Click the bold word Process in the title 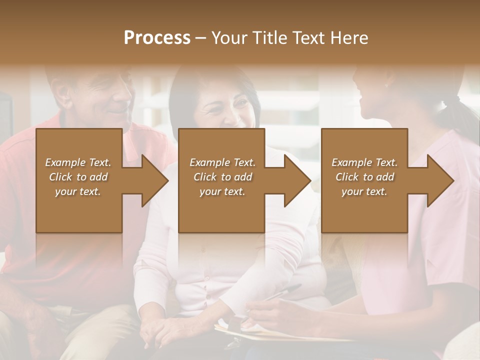[157, 38]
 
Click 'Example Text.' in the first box [78, 162]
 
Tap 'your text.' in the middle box [222, 191]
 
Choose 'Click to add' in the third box [365, 177]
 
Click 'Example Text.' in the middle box [222, 162]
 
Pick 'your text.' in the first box [78, 191]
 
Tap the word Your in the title [229, 38]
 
